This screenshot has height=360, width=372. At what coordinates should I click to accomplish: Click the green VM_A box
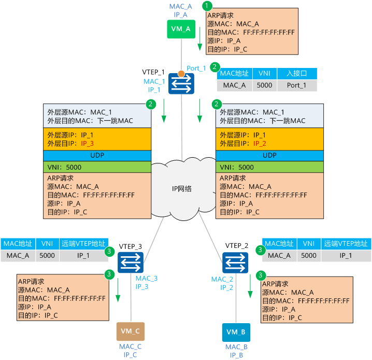180,29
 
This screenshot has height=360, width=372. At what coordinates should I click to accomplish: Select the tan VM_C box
130,331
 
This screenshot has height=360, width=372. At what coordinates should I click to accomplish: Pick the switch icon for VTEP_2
236,261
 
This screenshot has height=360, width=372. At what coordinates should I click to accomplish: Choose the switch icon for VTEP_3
130,261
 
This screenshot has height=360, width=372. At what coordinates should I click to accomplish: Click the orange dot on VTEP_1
181,73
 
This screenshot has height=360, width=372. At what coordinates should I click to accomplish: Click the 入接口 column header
297,74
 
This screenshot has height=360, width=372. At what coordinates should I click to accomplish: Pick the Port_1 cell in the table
297,85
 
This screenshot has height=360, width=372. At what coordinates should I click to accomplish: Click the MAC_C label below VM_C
130,347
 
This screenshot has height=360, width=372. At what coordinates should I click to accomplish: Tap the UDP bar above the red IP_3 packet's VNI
97,155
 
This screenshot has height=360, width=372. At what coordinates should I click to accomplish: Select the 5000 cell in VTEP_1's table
264,85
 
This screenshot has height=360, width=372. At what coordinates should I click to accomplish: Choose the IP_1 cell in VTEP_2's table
345,255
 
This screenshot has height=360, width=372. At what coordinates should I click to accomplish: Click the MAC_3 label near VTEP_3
147,279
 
